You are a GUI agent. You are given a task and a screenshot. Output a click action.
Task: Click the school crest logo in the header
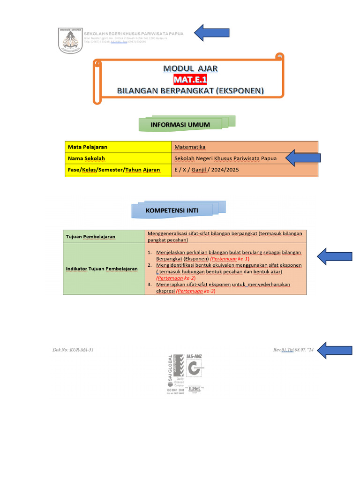point(69,41)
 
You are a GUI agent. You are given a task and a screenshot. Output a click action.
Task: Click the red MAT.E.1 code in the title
point(190,79)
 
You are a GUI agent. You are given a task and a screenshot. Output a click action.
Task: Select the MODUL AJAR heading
point(190,68)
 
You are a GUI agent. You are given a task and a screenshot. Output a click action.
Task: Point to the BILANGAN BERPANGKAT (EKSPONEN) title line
point(190,90)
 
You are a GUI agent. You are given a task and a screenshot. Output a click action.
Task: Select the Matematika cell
point(190,147)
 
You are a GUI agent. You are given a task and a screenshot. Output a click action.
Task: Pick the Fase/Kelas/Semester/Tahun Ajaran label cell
point(114,170)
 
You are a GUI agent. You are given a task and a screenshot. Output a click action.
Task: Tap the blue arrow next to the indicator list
point(335,256)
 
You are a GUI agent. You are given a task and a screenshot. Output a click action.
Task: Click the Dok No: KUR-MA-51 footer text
point(76,350)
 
